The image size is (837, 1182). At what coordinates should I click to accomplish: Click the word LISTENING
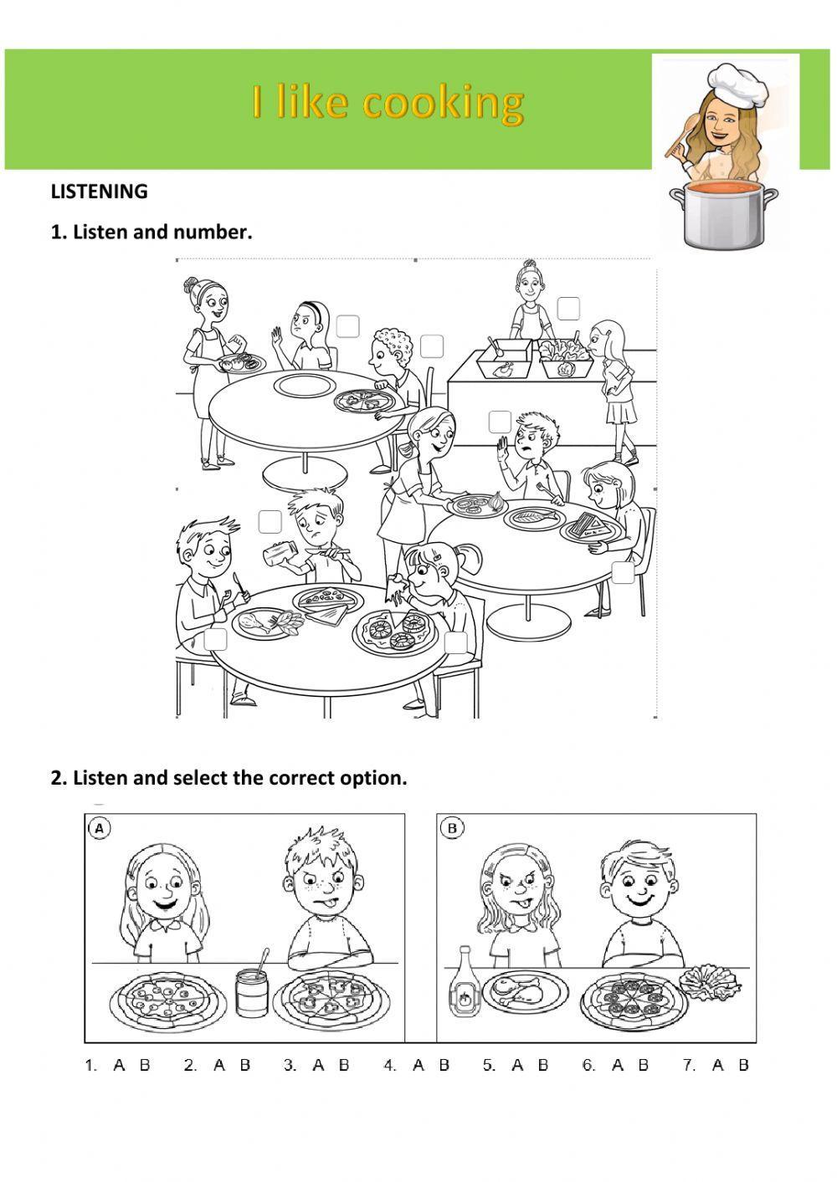100,191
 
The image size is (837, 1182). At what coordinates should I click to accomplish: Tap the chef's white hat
737,84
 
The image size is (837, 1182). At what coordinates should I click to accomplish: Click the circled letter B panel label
451,828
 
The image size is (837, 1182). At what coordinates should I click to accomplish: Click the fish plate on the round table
531,517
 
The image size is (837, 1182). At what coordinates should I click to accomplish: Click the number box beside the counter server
568,308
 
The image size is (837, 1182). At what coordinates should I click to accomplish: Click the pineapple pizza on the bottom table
395,631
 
